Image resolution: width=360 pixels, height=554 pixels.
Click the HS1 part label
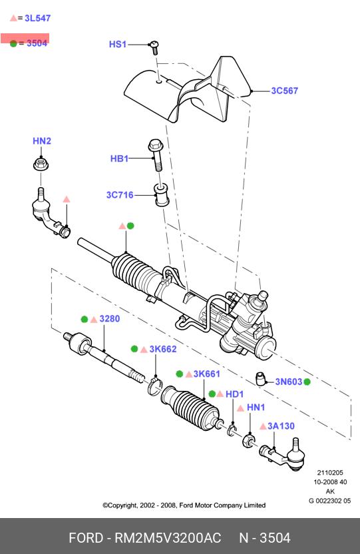click(118, 44)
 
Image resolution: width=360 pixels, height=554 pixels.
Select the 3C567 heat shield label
click(284, 91)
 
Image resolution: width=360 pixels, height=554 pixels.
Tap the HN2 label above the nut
click(42, 141)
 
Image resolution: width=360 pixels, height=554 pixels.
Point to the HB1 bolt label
click(119, 158)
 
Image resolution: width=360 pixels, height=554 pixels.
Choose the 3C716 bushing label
click(120, 195)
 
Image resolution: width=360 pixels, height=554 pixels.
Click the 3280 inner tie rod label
click(110, 319)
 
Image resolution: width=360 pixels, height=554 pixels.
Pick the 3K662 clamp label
click(163, 349)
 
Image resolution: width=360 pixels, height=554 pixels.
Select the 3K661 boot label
click(207, 374)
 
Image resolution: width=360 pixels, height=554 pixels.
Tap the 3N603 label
click(289, 382)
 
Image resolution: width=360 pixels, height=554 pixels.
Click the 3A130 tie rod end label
click(281, 426)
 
